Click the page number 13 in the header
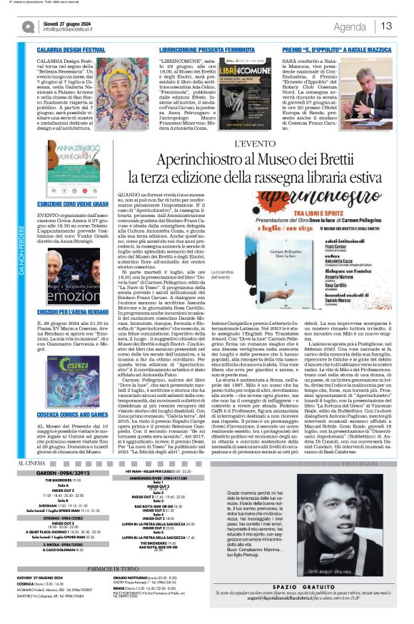click(386, 26)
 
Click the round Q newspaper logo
click(28, 26)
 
